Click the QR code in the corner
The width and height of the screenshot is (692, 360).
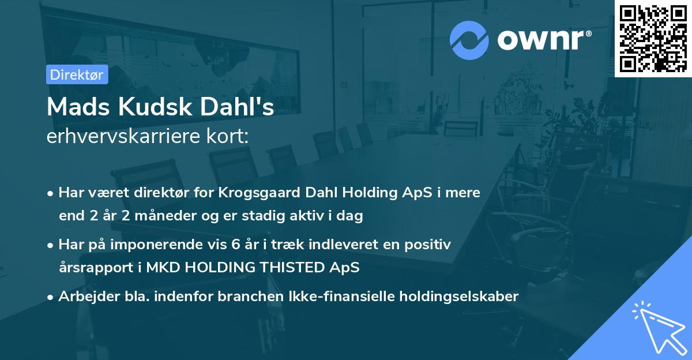pyautogui.click(x=653, y=38)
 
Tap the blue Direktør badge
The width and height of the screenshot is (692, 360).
pyautogui.click(x=77, y=74)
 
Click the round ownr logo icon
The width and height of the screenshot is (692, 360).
pyautogui.click(x=470, y=40)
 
